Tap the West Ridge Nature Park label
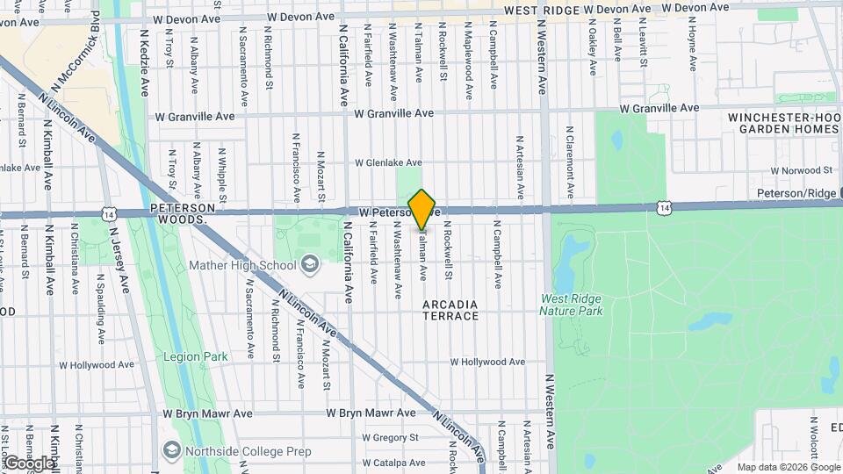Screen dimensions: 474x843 pyautogui.click(x=571, y=305)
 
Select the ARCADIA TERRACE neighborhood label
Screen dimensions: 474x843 pyautogui.click(x=450, y=310)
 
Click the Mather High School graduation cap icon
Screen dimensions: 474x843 pyautogui.click(x=309, y=264)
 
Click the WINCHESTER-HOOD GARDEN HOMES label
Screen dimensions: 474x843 pyautogui.click(x=784, y=123)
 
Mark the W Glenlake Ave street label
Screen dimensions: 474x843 pyautogui.click(x=388, y=162)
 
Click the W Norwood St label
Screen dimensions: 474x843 pyautogui.click(x=801, y=170)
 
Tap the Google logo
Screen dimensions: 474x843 pyautogui.click(x=29, y=463)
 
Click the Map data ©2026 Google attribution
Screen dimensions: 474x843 pyautogui.click(x=788, y=467)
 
